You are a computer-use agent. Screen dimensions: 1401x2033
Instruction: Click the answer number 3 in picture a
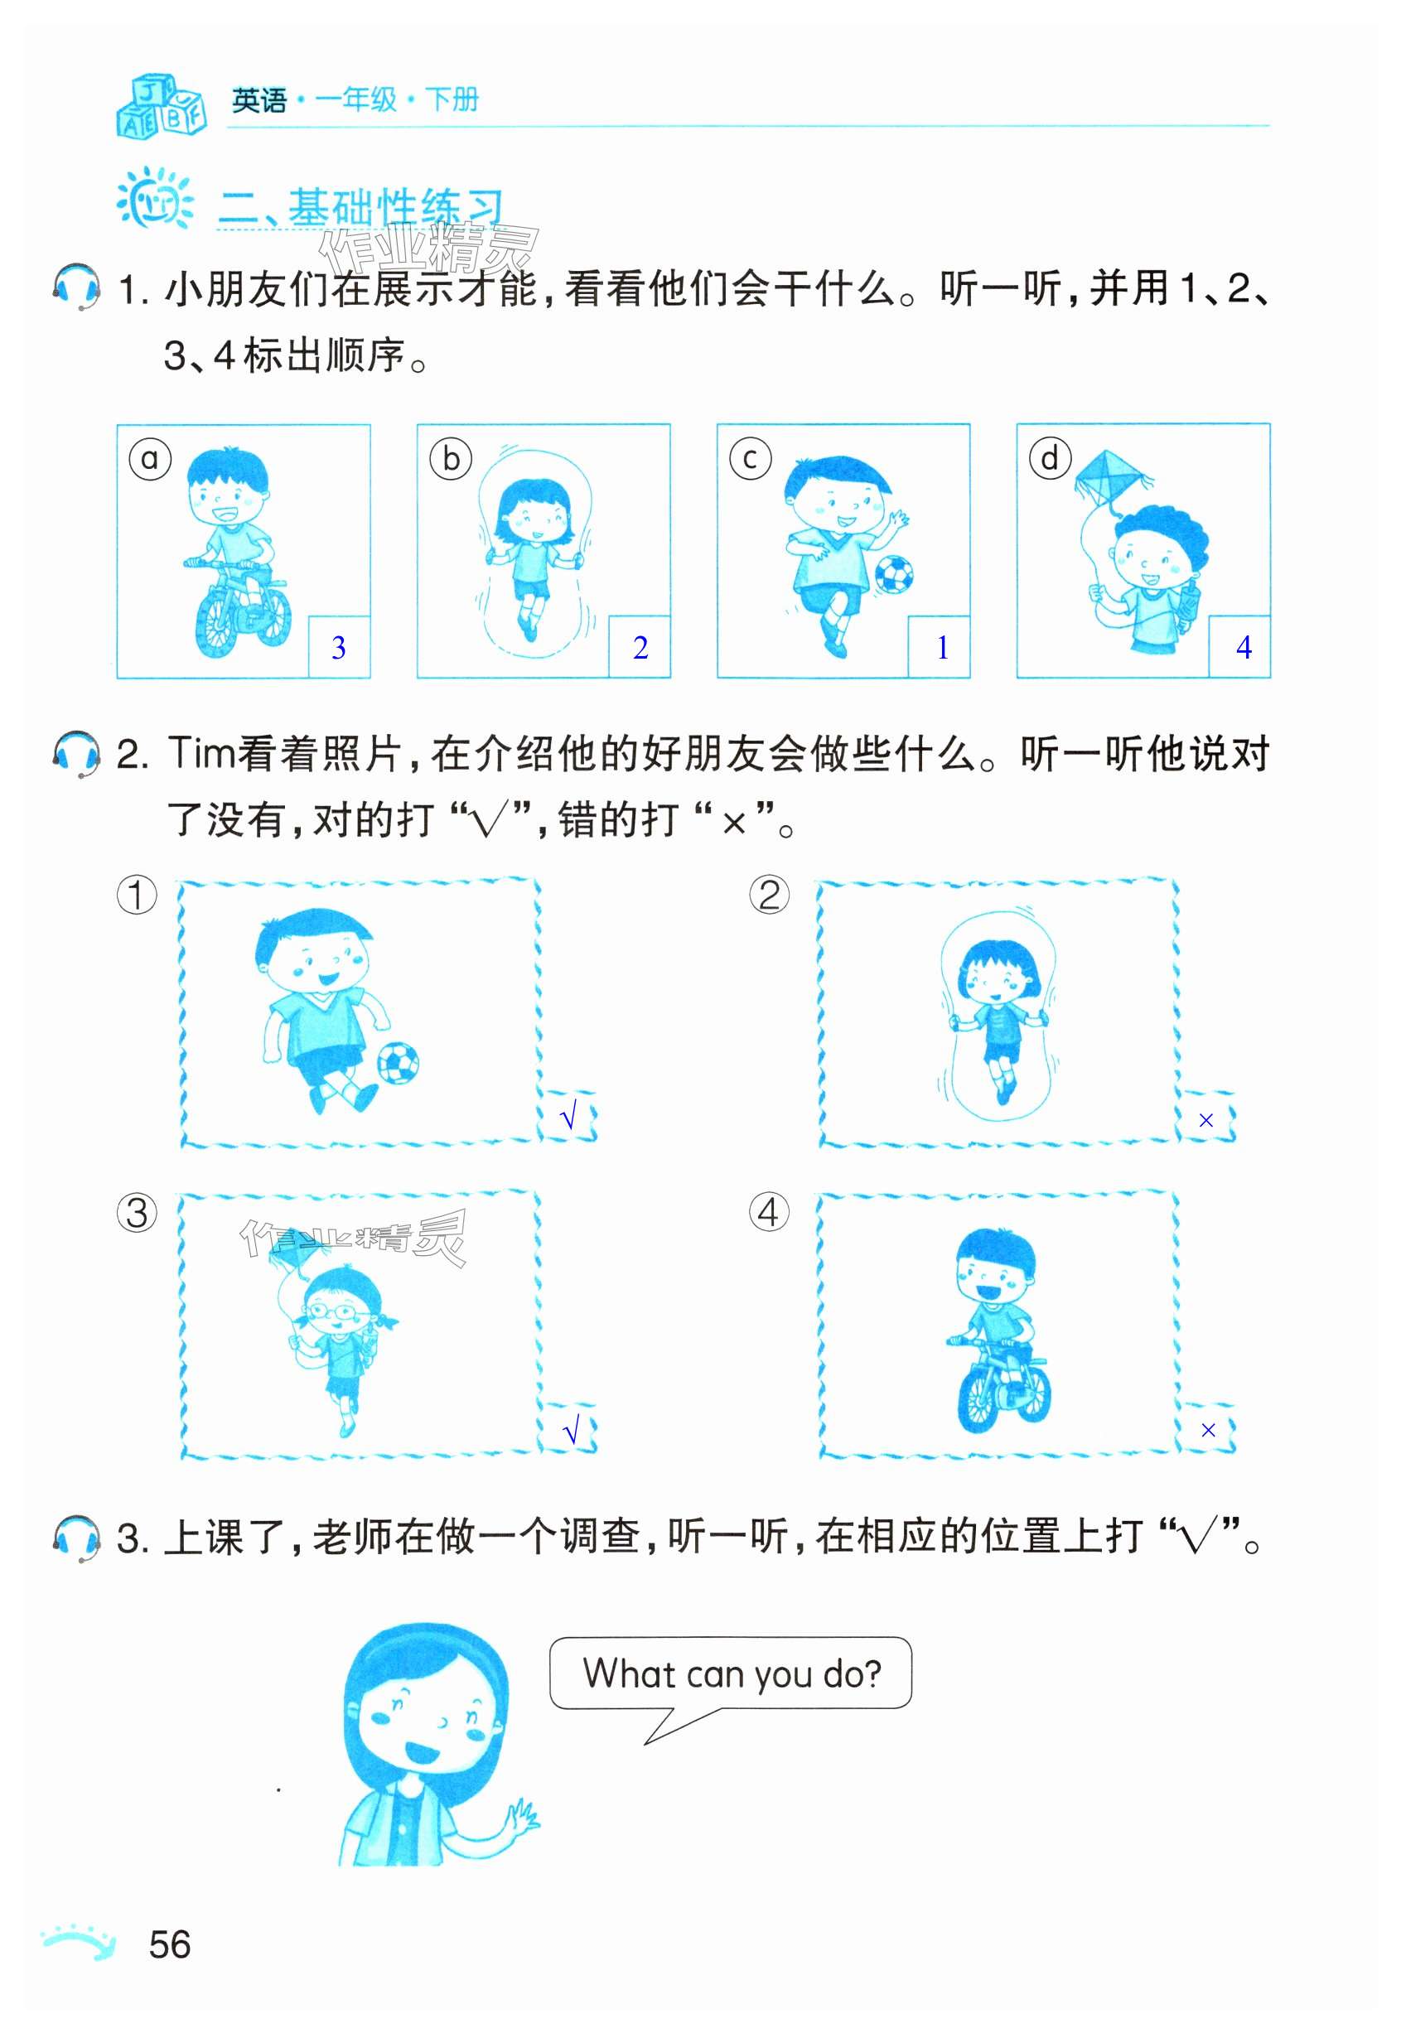point(339,648)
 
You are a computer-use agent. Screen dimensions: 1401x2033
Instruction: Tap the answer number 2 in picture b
point(640,648)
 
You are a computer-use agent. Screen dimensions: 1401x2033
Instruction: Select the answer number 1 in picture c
point(943,648)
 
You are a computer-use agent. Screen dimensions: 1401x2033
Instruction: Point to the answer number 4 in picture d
point(1244,648)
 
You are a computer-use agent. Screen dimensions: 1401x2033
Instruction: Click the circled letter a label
point(150,458)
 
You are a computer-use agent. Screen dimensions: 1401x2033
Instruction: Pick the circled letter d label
point(1050,458)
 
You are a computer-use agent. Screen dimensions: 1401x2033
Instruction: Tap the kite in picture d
point(1112,481)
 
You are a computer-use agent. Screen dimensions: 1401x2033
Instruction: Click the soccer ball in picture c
point(894,575)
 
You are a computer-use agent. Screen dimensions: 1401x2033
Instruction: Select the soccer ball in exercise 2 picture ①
point(398,1063)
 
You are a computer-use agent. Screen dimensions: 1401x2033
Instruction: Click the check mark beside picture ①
point(569,1117)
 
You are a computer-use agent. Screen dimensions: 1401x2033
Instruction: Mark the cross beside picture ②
point(1206,1120)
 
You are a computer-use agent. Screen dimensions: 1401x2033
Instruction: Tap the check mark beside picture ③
point(571,1432)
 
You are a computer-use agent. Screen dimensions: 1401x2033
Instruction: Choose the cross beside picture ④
point(1208,1431)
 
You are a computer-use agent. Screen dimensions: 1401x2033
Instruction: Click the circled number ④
point(769,1212)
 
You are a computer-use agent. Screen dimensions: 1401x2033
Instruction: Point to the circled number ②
point(769,896)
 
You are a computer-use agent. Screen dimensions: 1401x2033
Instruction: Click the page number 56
point(169,1945)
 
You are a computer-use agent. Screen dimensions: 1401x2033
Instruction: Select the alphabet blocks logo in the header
point(162,105)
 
